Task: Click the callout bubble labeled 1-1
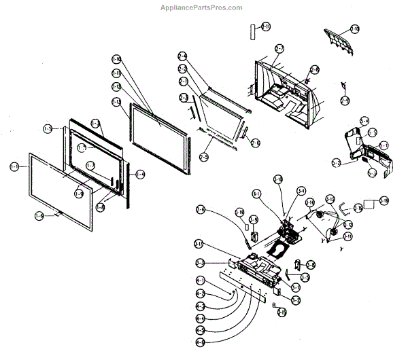14,166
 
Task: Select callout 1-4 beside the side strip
139,175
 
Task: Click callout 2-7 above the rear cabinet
279,48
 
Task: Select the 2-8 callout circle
314,69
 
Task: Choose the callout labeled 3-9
253,219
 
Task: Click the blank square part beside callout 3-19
369,202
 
